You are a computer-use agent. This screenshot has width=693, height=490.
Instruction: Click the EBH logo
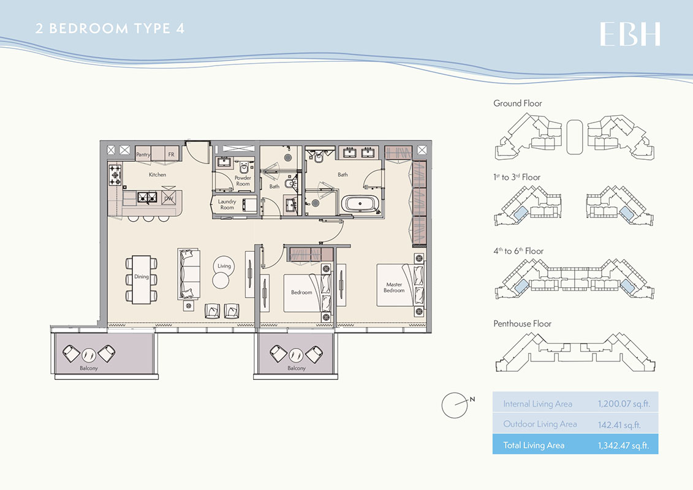point(630,34)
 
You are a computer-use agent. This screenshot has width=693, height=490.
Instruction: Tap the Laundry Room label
point(227,204)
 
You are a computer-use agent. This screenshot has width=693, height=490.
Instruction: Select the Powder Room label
point(243,181)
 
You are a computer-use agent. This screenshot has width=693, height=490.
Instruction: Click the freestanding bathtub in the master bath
point(360,205)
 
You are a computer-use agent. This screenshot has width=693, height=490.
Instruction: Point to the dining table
point(142,279)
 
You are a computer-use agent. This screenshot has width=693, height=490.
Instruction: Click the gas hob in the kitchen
point(115,175)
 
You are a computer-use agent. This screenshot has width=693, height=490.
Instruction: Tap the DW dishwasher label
point(169,198)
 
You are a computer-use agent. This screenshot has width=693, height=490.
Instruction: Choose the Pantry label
point(143,154)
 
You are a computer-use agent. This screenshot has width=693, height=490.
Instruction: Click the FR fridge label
point(172,154)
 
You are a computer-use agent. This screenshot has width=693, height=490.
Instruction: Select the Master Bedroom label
point(394,287)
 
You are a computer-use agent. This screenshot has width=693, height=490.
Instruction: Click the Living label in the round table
point(224,266)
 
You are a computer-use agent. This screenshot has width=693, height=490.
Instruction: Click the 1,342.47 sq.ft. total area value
point(624,445)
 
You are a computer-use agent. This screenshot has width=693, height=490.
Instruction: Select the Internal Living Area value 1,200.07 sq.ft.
point(624,404)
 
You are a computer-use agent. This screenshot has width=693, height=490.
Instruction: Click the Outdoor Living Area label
point(540,424)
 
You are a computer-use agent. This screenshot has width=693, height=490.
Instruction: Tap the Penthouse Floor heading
point(523,323)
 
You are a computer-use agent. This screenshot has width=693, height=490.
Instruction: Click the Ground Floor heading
point(518,104)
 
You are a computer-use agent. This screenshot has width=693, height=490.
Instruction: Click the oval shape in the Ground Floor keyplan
point(575,137)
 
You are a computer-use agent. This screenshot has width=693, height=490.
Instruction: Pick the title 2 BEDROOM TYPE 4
point(110,29)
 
